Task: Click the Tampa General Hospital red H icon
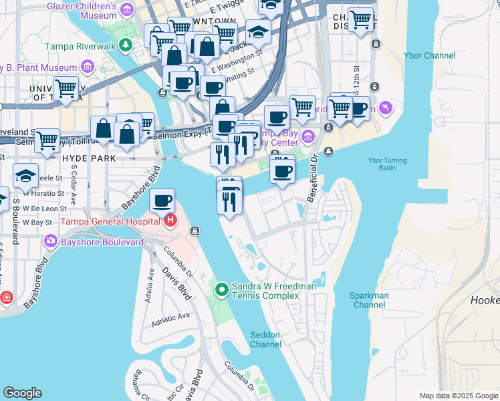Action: click(171, 220)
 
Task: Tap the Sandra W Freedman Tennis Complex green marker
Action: click(223, 289)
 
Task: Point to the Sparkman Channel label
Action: click(369, 300)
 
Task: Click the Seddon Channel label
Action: click(265, 340)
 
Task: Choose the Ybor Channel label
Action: click(430, 56)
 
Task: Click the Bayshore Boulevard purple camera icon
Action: click(50, 241)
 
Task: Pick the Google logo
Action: click(22, 393)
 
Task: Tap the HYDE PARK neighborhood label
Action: click(88, 158)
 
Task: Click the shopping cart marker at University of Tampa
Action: click(66, 87)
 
